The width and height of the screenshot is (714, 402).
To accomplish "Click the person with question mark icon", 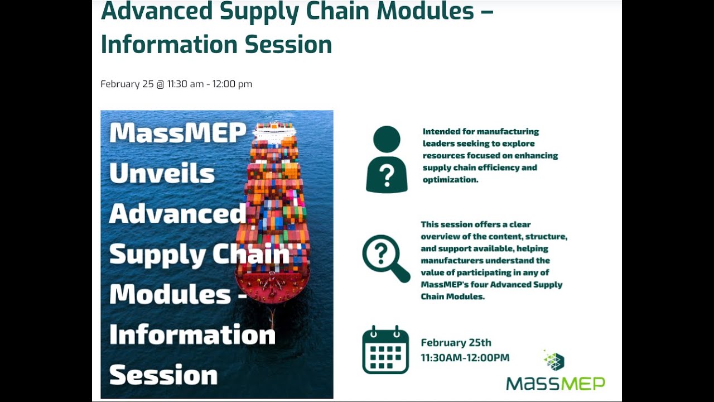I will coord(387,160).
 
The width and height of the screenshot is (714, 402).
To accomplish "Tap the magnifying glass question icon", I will coord(385,259).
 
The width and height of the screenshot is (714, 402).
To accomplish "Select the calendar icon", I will coord(385,350).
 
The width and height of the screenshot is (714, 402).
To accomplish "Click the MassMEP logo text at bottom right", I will coord(555,384).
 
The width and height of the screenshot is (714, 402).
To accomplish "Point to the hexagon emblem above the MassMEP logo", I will coord(554,361).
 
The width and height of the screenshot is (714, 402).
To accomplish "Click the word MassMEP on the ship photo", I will coord(177,133).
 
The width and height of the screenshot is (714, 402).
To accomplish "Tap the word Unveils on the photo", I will coord(162,174).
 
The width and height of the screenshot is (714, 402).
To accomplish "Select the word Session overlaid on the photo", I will coord(163,375).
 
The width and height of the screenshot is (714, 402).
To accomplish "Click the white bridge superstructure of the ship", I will coord(273,131).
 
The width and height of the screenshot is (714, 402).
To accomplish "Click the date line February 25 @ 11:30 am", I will coord(176,84).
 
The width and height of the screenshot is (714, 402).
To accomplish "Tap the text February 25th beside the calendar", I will coord(456,343).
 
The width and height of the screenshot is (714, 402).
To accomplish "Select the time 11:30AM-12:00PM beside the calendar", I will coord(465,357).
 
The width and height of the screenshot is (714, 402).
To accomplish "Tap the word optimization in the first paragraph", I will coord(450,180).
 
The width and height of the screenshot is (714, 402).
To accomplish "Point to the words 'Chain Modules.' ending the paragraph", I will coord(452,296).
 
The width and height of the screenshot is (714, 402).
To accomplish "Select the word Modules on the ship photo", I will coord(170,294).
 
